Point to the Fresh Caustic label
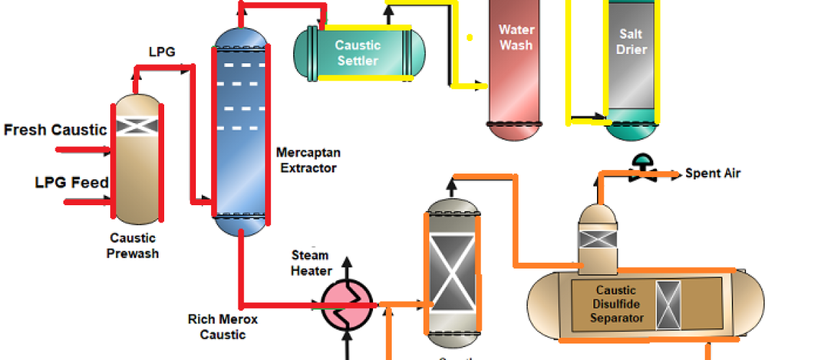click(x=55, y=130)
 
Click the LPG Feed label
click(x=72, y=182)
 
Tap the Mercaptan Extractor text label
click(x=308, y=161)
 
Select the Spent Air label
click(x=712, y=173)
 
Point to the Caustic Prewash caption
click(x=134, y=246)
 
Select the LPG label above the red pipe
click(x=161, y=52)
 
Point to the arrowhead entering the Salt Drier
click(x=598, y=115)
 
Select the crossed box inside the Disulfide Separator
click(x=668, y=303)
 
